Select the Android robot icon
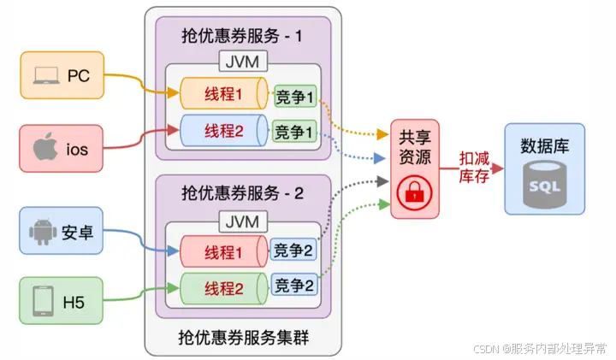click(41, 231)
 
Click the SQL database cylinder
click(544, 184)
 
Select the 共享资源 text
click(414, 146)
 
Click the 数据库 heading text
click(544, 145)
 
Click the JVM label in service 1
click(244, 62)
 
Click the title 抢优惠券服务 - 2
click(243, 192)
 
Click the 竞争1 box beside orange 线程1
click(295, 96)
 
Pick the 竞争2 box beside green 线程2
click(294, 284)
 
